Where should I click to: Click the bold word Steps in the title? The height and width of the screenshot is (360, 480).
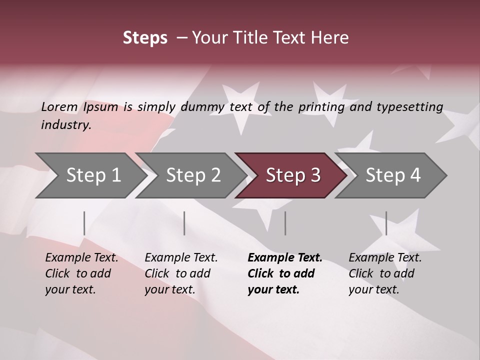[145, 38]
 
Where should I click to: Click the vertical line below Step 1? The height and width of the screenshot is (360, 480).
[84, 223]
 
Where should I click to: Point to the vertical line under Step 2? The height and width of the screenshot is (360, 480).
[184, 223]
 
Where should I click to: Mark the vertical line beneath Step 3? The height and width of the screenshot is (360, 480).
[285, 223]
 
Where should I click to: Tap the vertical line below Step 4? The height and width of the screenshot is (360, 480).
[386, 223]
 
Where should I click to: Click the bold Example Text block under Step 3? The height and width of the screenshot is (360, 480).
[284, 273]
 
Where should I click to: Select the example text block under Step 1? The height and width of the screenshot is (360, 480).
[81, 273]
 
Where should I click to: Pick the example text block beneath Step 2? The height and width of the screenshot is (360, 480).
[181, 273]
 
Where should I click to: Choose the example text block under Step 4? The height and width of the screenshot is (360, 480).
[385, 273]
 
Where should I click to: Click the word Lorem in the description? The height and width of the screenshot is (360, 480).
[59, 107]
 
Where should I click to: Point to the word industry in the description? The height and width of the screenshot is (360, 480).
[66, 125]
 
